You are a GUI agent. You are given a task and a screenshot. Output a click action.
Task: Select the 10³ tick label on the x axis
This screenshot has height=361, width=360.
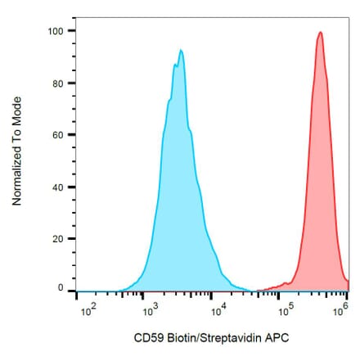coord(150,311)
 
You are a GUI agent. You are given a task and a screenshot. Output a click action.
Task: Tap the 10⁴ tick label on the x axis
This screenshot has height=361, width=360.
coord(218,311)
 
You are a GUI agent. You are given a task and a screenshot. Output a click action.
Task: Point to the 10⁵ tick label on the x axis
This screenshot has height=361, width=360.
coord(286,311)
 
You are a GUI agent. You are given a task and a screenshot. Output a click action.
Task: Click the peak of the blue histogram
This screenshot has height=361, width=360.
coord(181,51)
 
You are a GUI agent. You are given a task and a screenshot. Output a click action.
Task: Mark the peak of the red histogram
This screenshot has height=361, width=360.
coord(320,33)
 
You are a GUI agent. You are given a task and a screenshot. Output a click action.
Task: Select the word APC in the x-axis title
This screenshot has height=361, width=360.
coord(277,337)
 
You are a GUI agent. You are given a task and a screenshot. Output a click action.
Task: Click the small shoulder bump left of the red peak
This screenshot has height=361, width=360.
coord(284,284)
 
